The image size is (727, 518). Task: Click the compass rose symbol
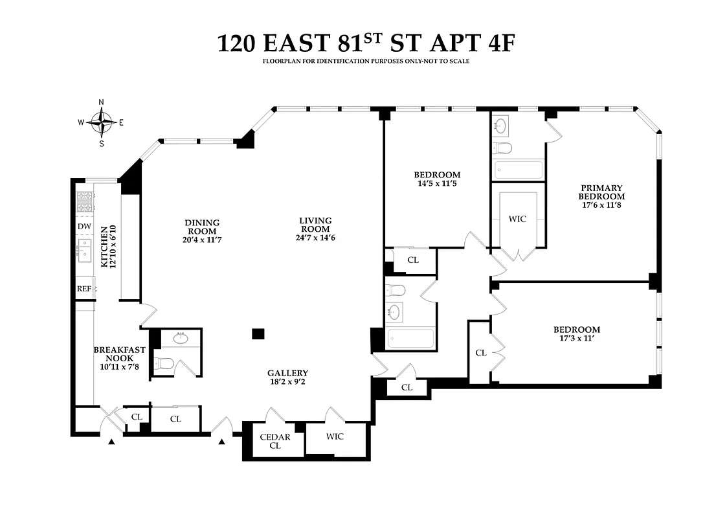[x=102, y=122]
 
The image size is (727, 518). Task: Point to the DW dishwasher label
[x=84, y=226]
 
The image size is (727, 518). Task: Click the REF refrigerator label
[x=84, y=289]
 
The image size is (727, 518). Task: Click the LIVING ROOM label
[x=315, y=225]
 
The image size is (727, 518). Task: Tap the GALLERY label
[x=287, y=373]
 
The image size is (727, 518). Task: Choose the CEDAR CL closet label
[x=275, y=441]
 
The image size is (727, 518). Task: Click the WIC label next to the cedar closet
[x=335, y=436]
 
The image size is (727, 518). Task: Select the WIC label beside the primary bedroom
[x=517, y=219]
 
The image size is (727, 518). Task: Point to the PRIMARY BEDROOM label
[x=601, y=192]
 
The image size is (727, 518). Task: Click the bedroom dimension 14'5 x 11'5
[x=437, y=183]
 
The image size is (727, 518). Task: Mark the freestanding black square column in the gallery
[x=258, y=333]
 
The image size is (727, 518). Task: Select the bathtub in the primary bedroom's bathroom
[x=519, y=170]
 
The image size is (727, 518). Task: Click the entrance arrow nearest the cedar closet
[x=222, y=442]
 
